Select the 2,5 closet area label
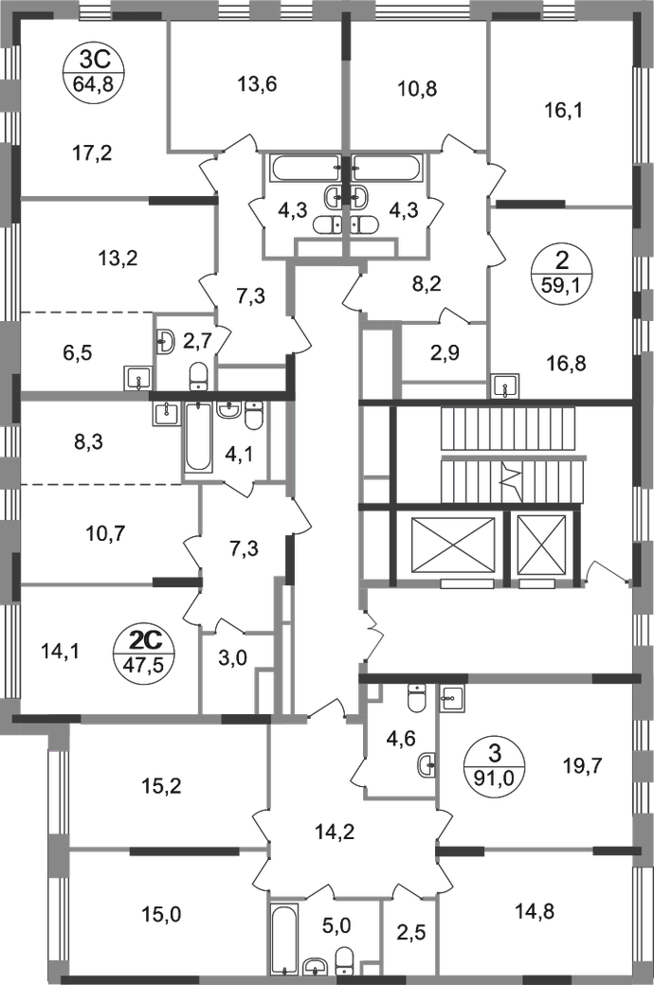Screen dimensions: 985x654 tap(409, 938)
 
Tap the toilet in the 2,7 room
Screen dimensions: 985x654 tap(169, 338)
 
